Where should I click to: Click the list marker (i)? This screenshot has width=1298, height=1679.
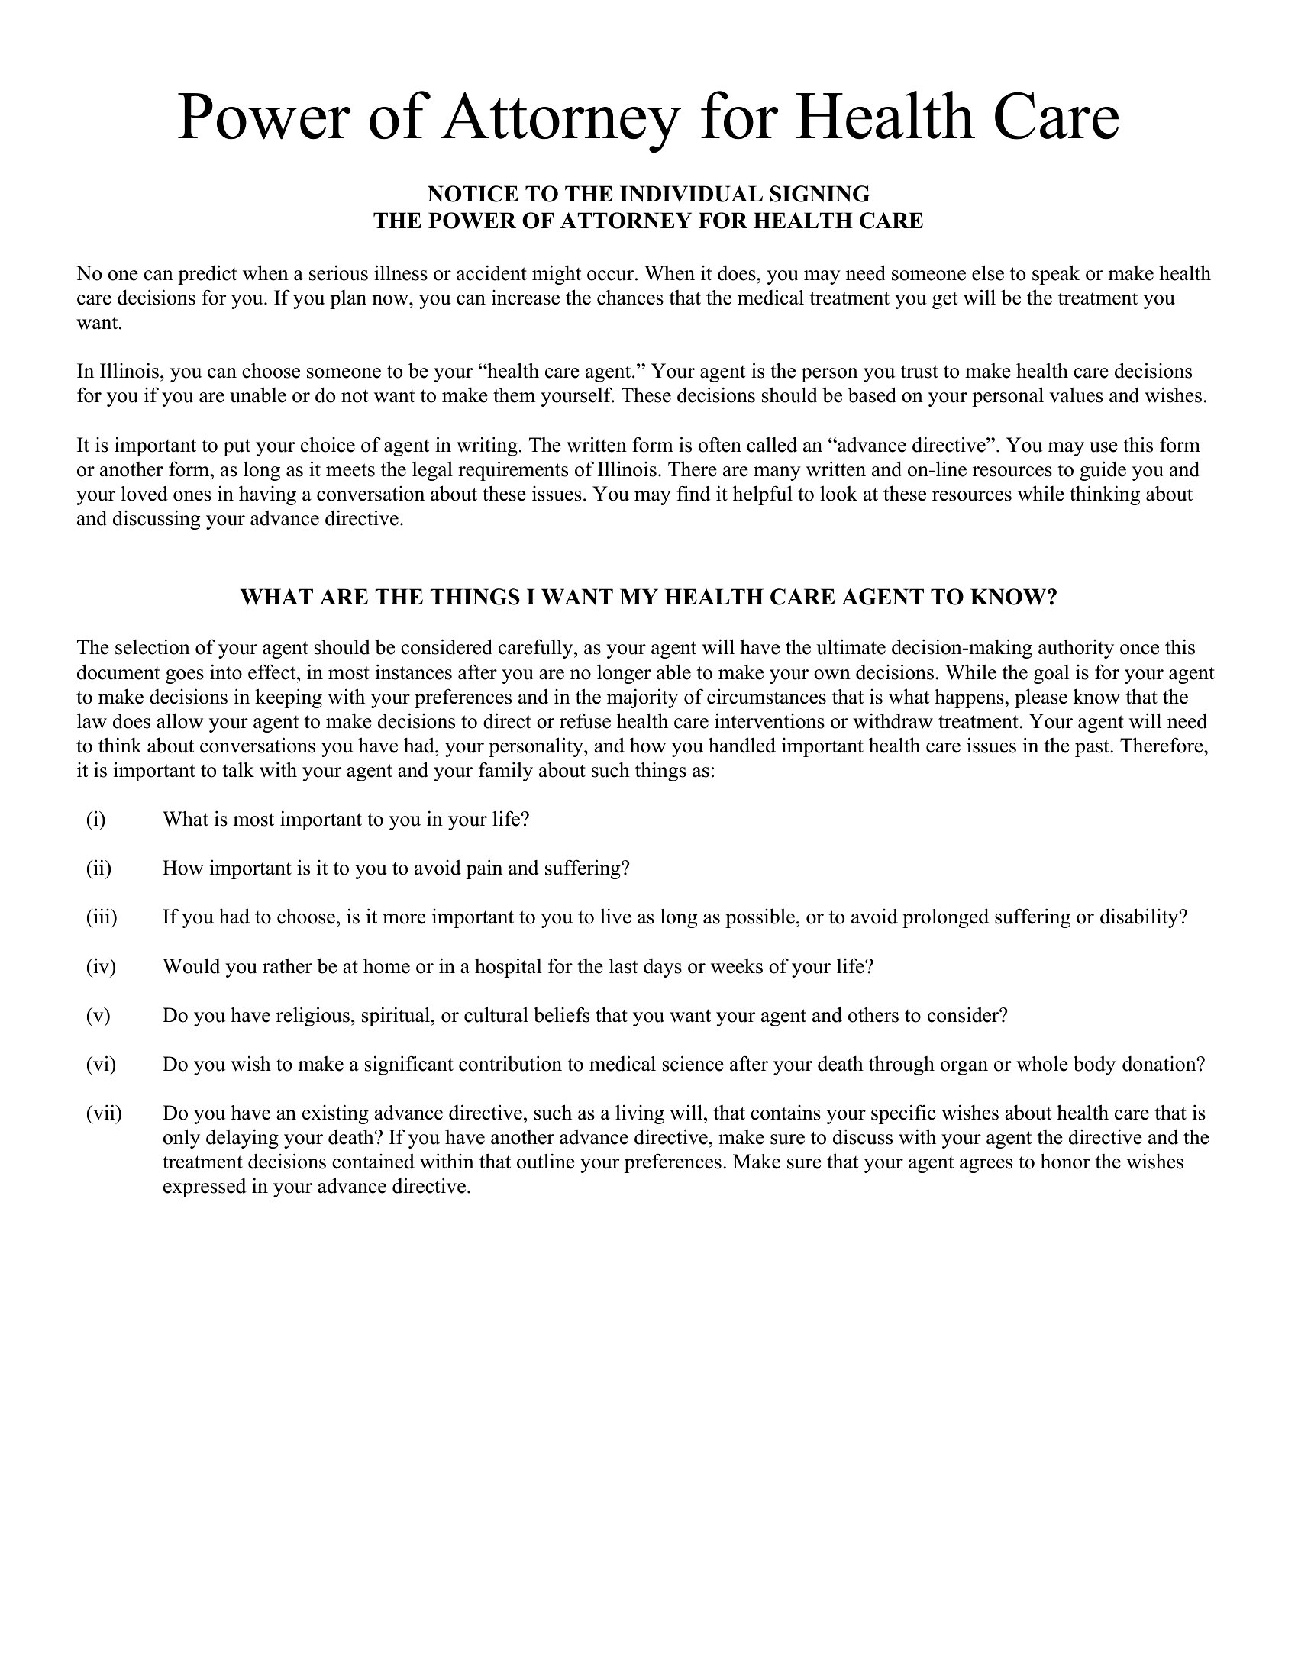click(x=95, y=820)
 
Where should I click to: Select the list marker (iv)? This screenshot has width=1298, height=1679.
click(x=101, y=966)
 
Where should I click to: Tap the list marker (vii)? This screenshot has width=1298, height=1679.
click(x=104, y=1113)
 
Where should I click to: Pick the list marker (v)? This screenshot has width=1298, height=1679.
click(x=98, y=1016)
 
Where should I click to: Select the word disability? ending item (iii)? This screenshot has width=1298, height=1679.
click(x=1144, y=917)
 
